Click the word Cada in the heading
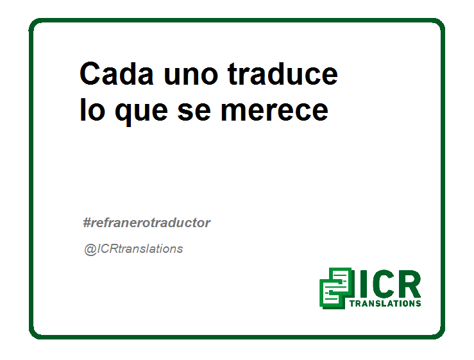(117, 74)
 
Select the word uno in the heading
(190, 76)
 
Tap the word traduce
(283, 74)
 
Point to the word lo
(92, 110)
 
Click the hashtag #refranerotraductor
(147, 223)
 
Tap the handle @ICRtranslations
(133, 249)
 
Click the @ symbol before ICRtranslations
(90, 250)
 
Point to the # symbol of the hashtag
(87, 223)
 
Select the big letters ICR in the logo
(390, 284)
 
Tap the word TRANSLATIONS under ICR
(385, 304)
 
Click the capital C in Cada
(90, 74)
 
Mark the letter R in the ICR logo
(409, 284)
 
